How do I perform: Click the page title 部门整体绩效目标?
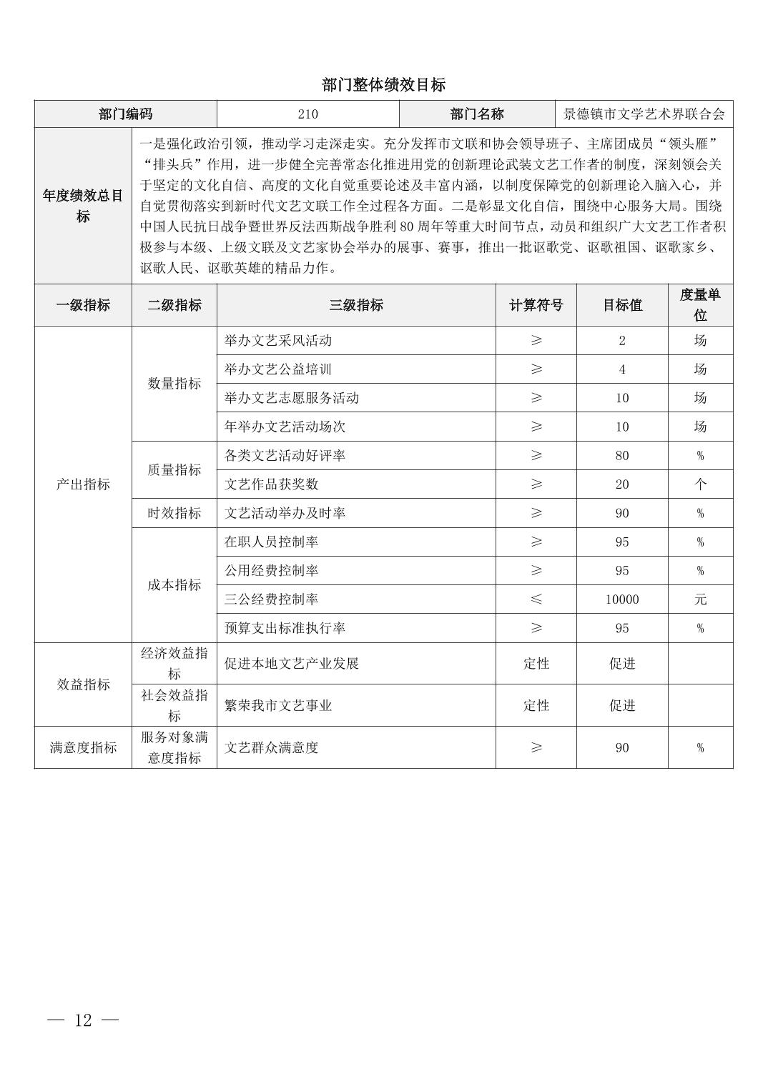pos(383,85)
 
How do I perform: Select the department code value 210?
pos(307,114)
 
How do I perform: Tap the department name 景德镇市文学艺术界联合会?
pos(644,114)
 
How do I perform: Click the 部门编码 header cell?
pos(125,114)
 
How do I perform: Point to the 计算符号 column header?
pos(536,305)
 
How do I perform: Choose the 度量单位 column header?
pos(700,304)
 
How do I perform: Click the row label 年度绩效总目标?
pos(83,206)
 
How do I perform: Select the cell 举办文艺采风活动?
pos(278,341)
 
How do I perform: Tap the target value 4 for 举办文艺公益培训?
pos(622,369)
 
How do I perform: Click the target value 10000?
pos(622,599)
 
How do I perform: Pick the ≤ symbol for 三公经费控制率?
pos(536,599)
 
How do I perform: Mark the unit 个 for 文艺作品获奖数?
pos(700,484)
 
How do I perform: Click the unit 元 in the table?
pos(700,599)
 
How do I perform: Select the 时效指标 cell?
pos(174,513)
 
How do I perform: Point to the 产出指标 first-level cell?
pos(83,484)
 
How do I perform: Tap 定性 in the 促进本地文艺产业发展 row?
pos(536,664)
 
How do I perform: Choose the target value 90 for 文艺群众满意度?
pos(622,748)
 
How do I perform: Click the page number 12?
pos(83,1020)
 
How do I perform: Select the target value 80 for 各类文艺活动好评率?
pos(622,456)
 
